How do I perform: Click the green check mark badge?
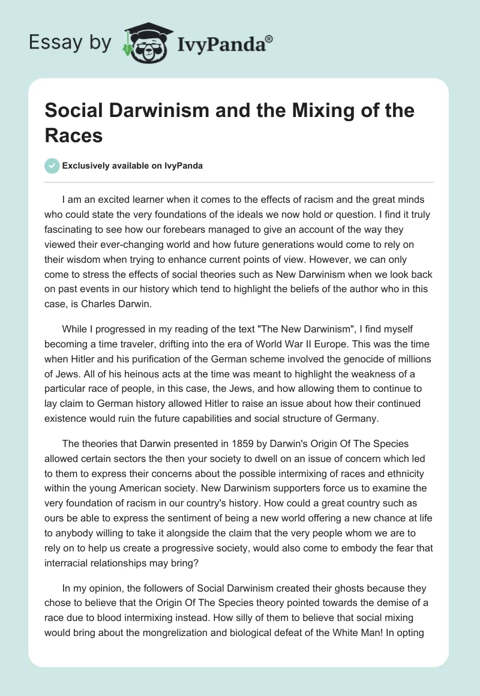click(52, 166)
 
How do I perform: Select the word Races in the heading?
click(73, 136)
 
